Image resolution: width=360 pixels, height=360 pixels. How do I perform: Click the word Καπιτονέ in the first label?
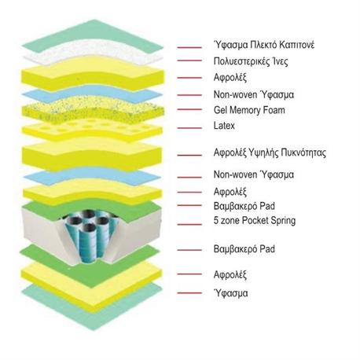(296, 45)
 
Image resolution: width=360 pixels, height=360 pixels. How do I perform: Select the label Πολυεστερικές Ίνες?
(251, 61)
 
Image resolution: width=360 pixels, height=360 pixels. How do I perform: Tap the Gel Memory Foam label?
(249, 110)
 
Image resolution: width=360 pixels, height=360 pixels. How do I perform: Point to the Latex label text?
(224, 126)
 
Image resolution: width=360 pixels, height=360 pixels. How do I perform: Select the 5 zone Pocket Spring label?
(255, 221)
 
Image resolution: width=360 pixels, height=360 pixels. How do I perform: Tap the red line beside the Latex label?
(189, 128)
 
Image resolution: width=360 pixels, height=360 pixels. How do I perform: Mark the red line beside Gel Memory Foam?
(189, 109)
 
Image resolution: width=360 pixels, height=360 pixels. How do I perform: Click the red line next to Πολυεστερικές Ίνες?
(189, 61)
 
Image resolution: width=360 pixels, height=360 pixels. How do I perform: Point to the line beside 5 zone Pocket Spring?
(189, 224)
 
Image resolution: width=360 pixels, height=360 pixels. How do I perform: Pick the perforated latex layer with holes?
(92, 128)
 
